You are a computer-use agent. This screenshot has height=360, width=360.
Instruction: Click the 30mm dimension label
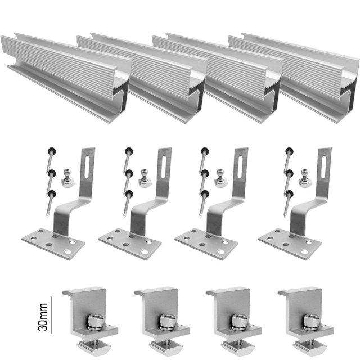pos(43,317)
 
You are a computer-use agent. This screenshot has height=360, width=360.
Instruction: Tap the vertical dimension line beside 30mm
pos(51,315)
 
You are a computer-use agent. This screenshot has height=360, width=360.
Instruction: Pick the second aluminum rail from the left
pos(142,76)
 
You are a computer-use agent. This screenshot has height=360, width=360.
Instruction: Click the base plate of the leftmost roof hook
pos(53,244)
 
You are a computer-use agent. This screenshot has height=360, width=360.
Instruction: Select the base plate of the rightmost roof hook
pos(290,244)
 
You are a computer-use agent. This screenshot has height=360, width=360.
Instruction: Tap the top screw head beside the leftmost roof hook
pos(52,151)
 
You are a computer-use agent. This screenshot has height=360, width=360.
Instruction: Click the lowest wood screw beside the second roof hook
pos(128,204)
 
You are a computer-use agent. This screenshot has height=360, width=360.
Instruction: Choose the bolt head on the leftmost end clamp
pos(95,320)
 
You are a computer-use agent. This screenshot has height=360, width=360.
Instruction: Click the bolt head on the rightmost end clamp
pos(312,320)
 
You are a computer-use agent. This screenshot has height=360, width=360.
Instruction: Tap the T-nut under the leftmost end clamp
pos(94,346)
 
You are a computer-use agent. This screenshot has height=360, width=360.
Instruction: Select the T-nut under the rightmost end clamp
pos(310,346)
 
